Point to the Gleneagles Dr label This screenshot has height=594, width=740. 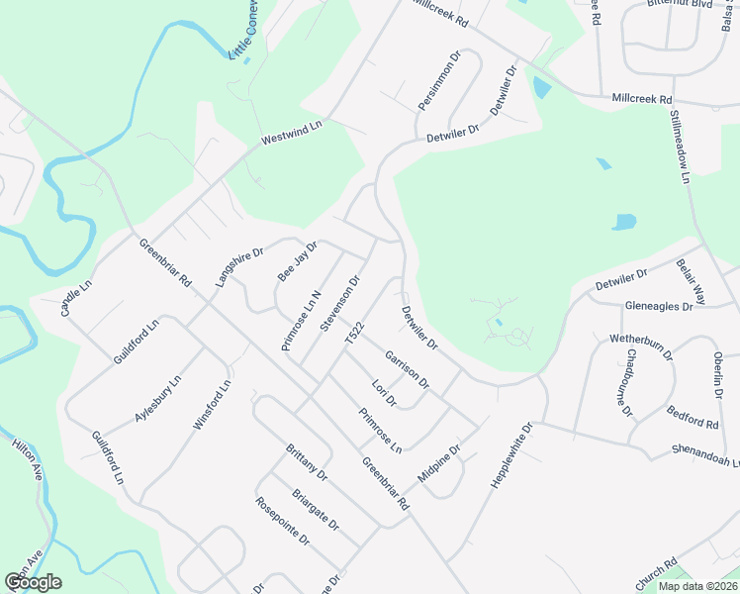point(659,307)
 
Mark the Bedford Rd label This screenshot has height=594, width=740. point(693,417)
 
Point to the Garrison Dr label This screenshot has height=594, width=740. point(408,368)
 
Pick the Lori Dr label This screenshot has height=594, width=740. point(383,393)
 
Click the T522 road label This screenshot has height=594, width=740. point(354,333)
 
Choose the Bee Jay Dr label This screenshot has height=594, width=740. point(297,261)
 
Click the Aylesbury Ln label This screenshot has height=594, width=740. point(158,399)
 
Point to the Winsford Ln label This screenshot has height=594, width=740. point(213,405)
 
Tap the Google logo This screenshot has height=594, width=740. point(33,582)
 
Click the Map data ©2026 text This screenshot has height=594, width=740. point(696,586)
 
